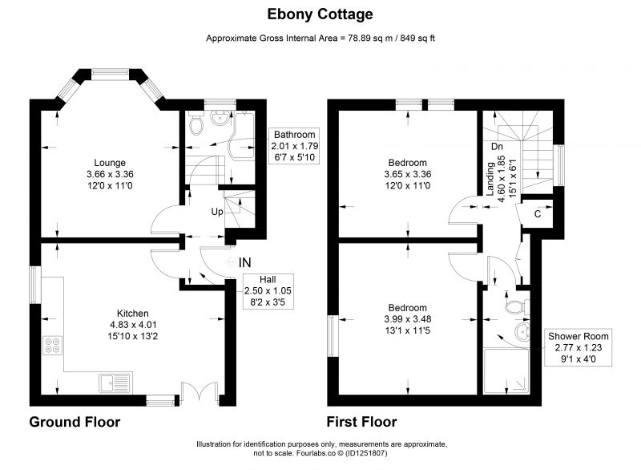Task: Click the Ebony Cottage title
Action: coord(320,14)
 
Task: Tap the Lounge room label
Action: coord(110,163)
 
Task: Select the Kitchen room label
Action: coord(132,314)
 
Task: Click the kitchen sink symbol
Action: coord(115,383)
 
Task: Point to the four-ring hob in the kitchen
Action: coord(53,345)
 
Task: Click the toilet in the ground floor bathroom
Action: coord(196,124)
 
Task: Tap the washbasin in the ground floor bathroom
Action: coord(220,117)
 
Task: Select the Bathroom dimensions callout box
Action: coord(294,146)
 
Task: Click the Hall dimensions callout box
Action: coord(268,291)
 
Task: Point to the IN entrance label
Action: coord(244,262)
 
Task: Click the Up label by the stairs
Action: coord(216,212)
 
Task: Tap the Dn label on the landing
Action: coord(497,147)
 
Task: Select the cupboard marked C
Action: coord(537,213)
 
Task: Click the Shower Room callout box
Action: coord(578,347)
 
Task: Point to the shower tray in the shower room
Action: coord(506,371)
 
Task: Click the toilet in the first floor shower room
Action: coord(517,307)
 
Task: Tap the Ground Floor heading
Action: coord(75,422)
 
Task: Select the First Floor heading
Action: coord(362,422)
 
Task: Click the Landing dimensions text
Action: coord(502,176)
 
